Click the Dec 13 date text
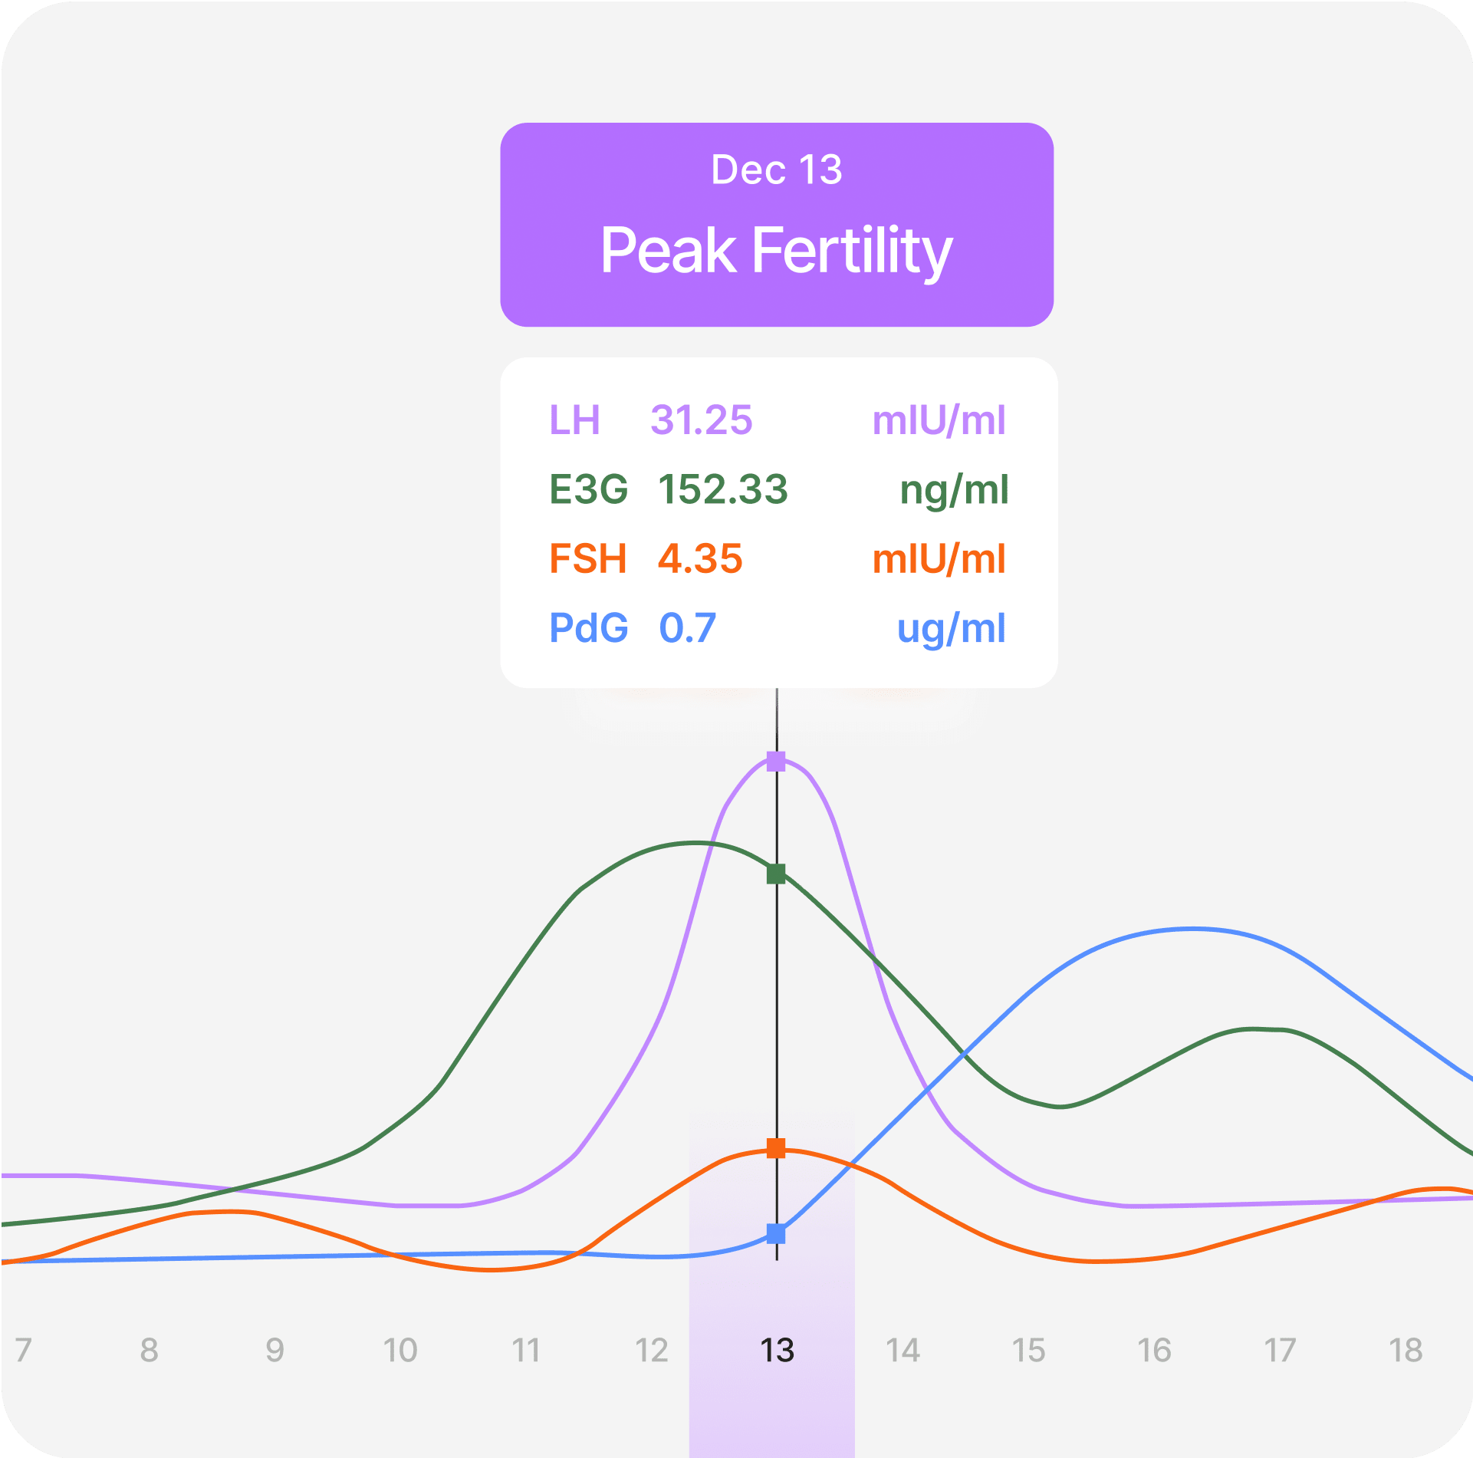point(776,169)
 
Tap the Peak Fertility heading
point(776,252)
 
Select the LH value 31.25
point(702,420)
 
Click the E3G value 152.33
point(723,489)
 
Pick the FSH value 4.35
point(700,558)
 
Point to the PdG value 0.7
point(688,628)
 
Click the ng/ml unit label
point(954,491)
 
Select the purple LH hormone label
point(574,420)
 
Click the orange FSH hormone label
point(588,558)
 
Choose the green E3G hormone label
point(589,489)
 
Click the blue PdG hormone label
point(589,628)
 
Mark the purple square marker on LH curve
point(776,762)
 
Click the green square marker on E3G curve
point(776,874)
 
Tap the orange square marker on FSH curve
point(776,1148)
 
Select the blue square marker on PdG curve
point(776,1234)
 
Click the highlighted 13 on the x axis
point(777,1351)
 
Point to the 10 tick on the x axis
point(400,1351)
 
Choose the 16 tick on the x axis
point(1154,1351)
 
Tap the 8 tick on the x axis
point(149,1351)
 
